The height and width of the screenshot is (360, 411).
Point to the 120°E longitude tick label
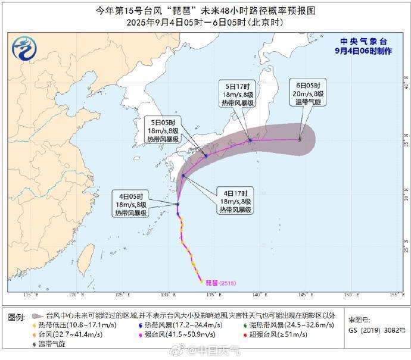pos(74,295)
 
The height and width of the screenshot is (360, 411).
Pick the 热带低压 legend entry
pos(70,325)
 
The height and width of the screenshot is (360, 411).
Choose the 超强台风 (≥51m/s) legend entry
pos(289,334)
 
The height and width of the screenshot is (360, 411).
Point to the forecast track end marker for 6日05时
pos(300,139)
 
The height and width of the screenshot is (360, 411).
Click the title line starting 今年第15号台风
pos(205,11)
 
